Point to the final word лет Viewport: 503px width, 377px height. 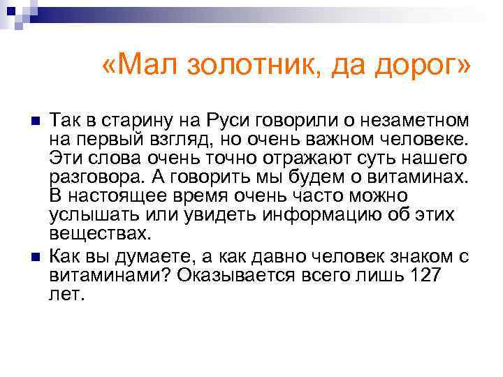point(67,293)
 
